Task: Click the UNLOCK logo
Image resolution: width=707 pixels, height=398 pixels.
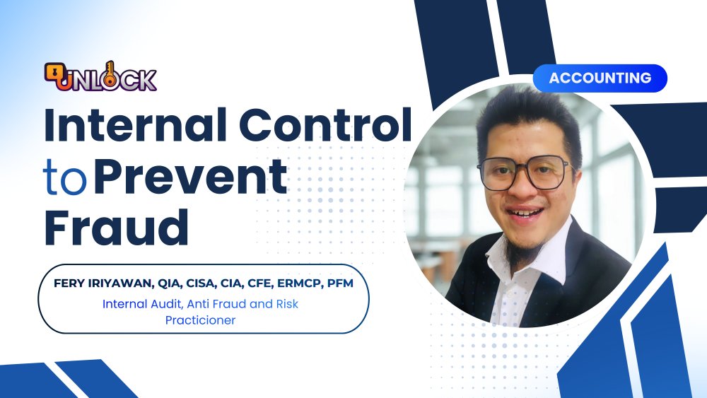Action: pos(100,77)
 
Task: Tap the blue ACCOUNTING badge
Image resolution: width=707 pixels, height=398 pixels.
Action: pos(600,78)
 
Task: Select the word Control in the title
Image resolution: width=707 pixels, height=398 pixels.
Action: pos(325,124)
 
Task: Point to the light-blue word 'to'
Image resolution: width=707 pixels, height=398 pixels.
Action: pos(65,178)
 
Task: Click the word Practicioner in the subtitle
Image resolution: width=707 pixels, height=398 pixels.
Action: pos(200,320)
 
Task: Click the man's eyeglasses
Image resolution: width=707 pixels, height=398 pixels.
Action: pos(524,172)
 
